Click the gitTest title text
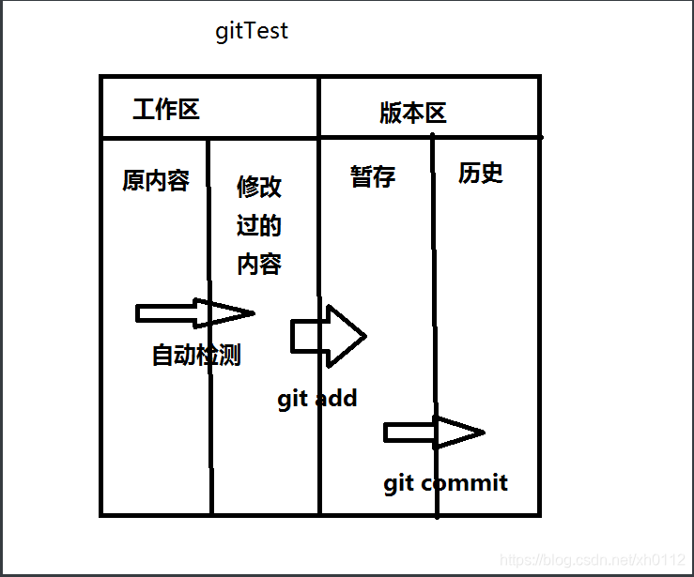point(252,31)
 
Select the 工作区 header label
point(166,110)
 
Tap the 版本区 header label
point(412,114)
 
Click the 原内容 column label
point(156,180)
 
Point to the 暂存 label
point(373,176)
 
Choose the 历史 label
point(481,173)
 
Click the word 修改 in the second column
point(259,187)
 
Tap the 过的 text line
point(259,226)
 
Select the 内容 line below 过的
point(259,265)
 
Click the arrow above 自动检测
point(194,313)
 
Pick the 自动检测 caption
point(196,356)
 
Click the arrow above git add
point(328,335)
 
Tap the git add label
point(317,399)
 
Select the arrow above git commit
point(433,433)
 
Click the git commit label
point(445,483)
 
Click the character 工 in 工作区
point(144,110)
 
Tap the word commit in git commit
point(464,483)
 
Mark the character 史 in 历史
point(492,173)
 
